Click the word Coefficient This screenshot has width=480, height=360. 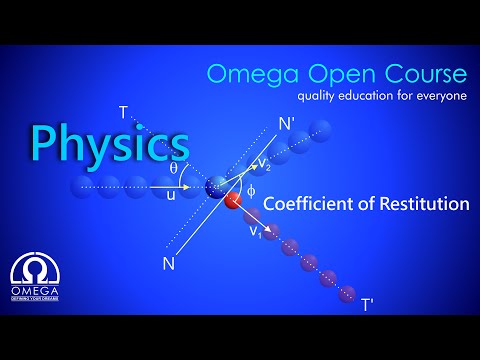click(x=312, y=204)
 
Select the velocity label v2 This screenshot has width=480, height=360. click(x=262, y=166)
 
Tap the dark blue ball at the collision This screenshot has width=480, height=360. click(x=215, y=187)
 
